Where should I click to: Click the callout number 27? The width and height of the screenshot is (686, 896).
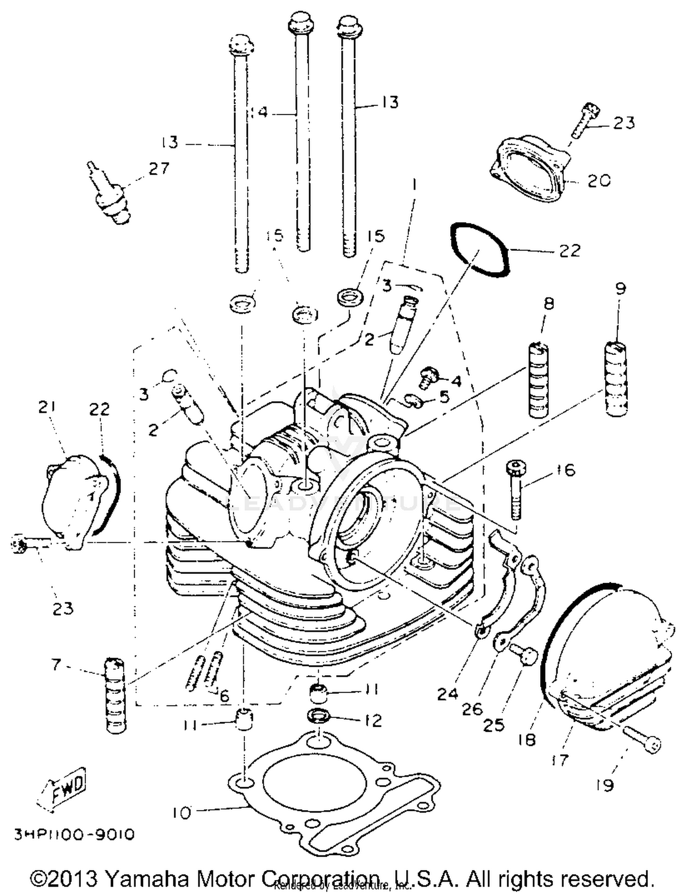click(x=158, y=168)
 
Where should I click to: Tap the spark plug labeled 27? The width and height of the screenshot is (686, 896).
click(x=110, y=198)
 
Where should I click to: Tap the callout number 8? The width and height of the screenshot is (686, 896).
click(x=548, y=303)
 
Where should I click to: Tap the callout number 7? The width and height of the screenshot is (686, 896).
click(x=56, y=665)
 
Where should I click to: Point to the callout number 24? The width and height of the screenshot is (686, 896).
click(x=447, y=694)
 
